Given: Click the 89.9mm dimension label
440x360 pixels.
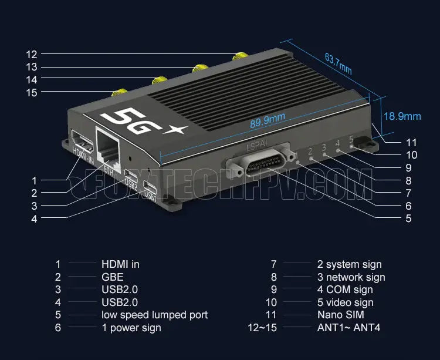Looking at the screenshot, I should point(268,119).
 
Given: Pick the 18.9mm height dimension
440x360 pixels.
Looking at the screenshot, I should point(402,116).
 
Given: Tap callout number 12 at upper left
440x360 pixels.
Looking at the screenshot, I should point(32,55).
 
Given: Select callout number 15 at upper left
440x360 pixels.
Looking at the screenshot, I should point(32,92).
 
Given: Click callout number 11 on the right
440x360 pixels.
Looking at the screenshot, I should point(411,143).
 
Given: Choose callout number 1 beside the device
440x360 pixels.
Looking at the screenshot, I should point(34,181).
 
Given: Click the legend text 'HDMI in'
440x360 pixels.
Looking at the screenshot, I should point(120,264).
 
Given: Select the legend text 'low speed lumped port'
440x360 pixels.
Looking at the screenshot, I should point(154,315).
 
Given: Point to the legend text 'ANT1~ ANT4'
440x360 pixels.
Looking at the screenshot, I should point(348,328).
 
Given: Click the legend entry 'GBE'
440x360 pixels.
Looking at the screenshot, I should point(112,277).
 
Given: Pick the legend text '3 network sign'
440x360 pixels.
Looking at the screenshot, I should point(351,277).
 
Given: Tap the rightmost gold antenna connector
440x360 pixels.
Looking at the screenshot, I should point(239,58).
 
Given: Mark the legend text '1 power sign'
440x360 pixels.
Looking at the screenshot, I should point(131,328).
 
